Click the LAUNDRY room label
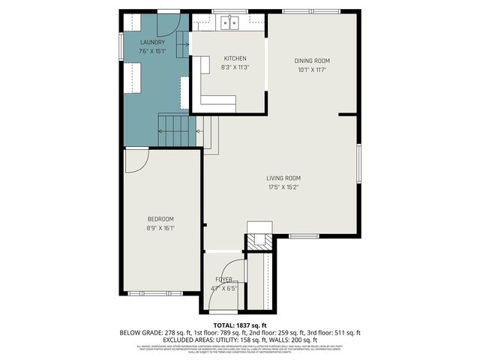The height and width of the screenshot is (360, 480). [x=152, y=42]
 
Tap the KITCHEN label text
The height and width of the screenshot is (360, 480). [x=235, y=58]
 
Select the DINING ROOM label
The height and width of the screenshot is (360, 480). [x=311, y=61]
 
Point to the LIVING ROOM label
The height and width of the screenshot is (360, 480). [x=283, y=178]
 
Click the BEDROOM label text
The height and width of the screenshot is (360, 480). [x=160, y=219]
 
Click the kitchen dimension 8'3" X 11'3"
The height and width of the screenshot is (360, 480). [x=235, y=67]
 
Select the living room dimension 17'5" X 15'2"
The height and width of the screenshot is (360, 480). [x=283, y=187]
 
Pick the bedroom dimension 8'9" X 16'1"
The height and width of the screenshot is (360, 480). [x=160, y=228]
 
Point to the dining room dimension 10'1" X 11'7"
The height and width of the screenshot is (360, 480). [x=311, y=70]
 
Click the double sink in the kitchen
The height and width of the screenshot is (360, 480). [x=229, y=22]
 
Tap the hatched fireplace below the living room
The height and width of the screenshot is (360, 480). [x=260, y=241]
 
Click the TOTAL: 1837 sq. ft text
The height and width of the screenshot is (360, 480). [x=240, y=325]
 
